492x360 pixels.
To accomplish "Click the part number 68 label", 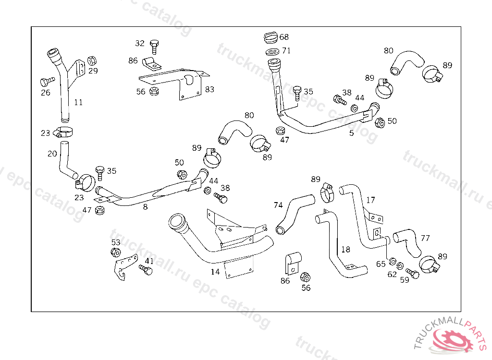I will coord(284,37).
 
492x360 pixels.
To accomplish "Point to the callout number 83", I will coord(209,89).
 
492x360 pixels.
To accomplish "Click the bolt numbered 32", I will coord(154,46).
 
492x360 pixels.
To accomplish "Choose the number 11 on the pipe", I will coord(78,102).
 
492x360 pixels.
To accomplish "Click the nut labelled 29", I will coord(92,60).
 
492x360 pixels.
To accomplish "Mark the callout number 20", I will coord(52,154).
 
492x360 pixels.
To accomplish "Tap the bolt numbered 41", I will coord(146,270).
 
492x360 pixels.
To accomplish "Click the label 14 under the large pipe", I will coord(215,272).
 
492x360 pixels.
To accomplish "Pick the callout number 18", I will coord(345,250).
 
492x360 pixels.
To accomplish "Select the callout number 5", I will coord(351,133).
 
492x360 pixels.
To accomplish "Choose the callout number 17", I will coord(370,200).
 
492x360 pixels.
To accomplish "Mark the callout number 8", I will coord(145,207).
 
